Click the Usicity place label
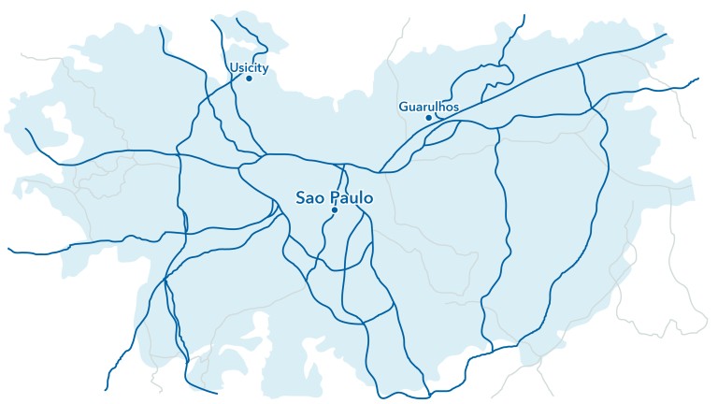[249, 66]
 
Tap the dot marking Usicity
[249, 79]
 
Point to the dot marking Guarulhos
[429, 118]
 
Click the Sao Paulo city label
[335, 198]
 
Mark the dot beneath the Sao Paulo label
[334, 210]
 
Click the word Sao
[309, 198]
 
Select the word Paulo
[351, 198]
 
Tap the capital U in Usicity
[233, 66]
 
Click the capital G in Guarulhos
[403, 107]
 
